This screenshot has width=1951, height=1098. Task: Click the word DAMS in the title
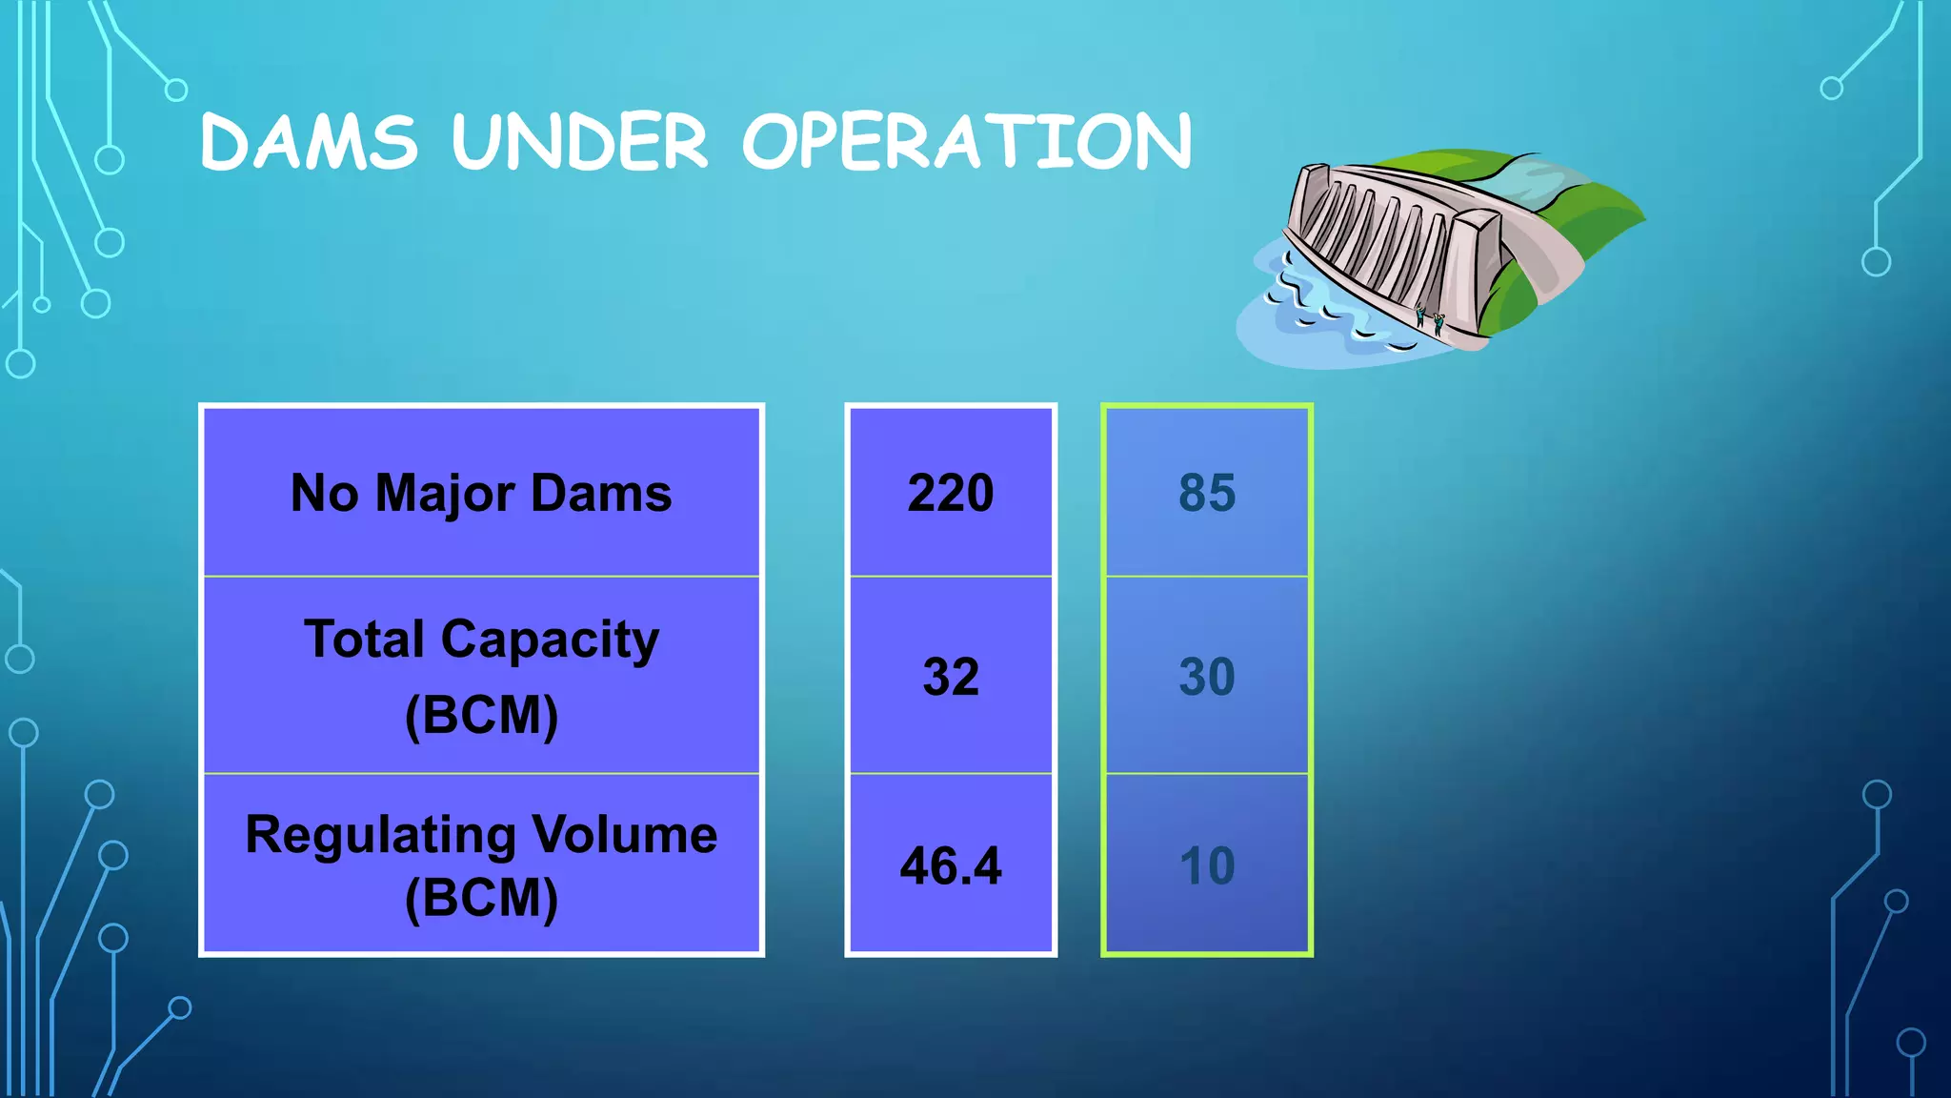(x=309, y=143)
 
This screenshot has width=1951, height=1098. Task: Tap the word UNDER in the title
(x=580, y=143)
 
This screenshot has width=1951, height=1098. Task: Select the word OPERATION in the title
(x=966, y=143)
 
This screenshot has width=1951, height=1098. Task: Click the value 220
(x=951, y=493)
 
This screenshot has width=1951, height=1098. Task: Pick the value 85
(x=1207, y=493)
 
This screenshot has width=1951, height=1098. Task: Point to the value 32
(x=951, y=677)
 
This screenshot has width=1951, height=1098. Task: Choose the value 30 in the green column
(x=1207, y=677)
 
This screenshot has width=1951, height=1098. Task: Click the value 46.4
(x=951, y=865)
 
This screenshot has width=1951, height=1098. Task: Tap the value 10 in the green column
(x=1207, y=865)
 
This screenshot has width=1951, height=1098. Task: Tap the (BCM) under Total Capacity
(x=481, y=715)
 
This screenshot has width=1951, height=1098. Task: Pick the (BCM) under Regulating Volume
(x=481, y=898)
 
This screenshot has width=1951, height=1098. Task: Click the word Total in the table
(x=364, y=639)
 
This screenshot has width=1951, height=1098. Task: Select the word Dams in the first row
(x=601, y=493)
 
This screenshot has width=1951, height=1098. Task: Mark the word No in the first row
(x=325, y=493)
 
